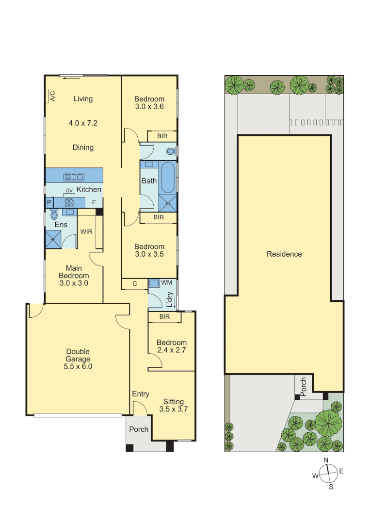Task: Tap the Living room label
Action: click(83, 99)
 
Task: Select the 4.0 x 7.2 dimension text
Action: click(83, 123)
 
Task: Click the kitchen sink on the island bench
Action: click(74, 177)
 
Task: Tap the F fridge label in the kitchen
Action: click(94, 202)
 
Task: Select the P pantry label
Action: click(49, 202)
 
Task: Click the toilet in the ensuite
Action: click(54, 214)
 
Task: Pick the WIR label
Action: click(86, 231)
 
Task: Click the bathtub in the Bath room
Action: click(168, 178)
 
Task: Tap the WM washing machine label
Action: click(166, 282)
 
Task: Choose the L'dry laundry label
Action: click(170, 300)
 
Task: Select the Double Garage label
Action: click(78, 359)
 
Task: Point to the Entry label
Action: click(141, 394)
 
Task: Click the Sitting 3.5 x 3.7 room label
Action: click(174, 405)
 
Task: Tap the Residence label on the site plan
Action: click(284, 254)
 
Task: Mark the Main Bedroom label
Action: click(74, 276)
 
